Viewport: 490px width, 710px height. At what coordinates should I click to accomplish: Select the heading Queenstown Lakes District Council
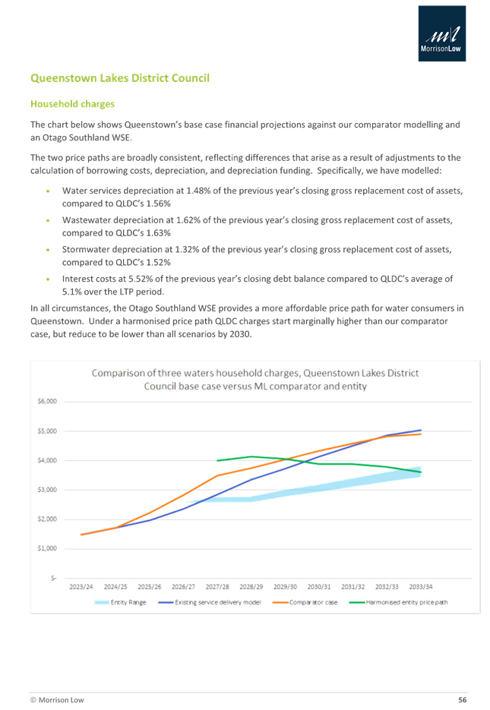119,78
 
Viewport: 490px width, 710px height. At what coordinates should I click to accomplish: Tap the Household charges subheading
72,103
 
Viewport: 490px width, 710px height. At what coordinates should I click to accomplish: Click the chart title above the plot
254,379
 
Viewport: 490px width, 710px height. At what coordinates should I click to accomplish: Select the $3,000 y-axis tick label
47,489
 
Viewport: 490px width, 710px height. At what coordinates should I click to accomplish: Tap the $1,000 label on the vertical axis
47,547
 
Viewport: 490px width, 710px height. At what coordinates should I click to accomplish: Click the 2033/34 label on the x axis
420,586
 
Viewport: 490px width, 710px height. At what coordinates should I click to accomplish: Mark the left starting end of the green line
217,460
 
